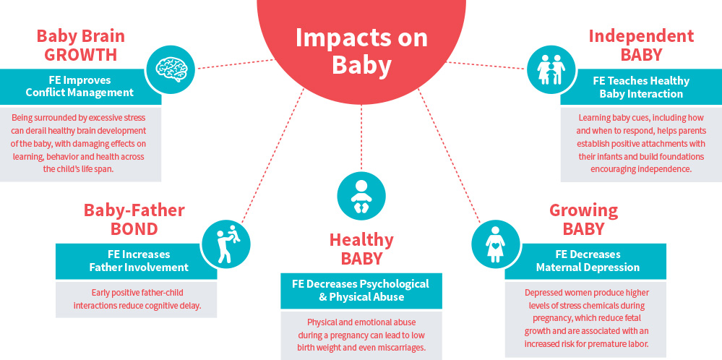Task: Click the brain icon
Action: tap(171, 69)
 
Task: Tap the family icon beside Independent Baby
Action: tap(551, 69)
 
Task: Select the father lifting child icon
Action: tap(226, 243)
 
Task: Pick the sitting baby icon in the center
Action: tap(361, 195)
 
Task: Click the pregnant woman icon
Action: tap(496, 244)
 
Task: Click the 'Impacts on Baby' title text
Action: tap(361, 51)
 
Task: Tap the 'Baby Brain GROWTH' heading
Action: tap(80, 46)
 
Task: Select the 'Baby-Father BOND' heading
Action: tap(134, 219)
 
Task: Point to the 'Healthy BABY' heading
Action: tap(361, 249)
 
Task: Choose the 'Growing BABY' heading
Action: tap(583, 219)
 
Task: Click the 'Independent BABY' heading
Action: tap(641, 46)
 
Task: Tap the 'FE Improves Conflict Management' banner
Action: tap(80, 87)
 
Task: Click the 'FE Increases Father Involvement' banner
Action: tap(137, 261)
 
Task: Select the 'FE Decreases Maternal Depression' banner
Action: tap(585, 261)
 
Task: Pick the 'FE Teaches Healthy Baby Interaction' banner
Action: tap(641, 87)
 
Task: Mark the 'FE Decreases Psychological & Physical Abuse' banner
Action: tap(361, 291)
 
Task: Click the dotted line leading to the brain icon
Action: tap(236, 64)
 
